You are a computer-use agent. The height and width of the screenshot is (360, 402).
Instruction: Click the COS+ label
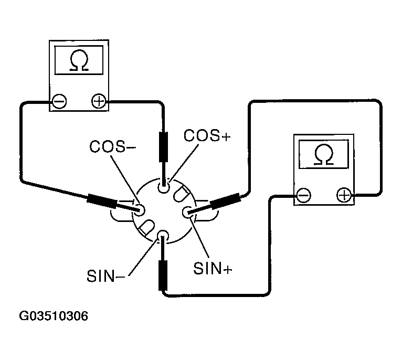click(x=207, y=135)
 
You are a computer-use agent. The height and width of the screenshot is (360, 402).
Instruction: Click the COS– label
click(x=112, y=146)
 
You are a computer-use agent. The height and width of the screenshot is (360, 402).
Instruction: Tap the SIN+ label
click(x=213, y=269)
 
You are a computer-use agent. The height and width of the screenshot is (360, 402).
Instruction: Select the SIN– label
click(x=106, y=276)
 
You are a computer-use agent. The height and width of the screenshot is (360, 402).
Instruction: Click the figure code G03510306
click(x=54, y=316)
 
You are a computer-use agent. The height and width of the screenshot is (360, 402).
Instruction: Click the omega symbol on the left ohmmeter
click(x=79, y=60)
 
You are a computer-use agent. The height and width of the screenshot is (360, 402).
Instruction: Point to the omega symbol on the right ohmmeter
click(x=324, y=154)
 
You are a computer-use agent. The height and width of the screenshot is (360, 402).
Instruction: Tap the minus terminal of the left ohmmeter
click(x=59, y=101)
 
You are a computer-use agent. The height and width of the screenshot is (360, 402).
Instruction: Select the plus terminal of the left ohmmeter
click(x=99, y=101)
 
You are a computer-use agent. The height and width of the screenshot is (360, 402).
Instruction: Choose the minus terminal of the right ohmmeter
click(x=303, y=195)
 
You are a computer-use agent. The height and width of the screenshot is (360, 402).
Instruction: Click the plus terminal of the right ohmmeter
click(x=344, y=195)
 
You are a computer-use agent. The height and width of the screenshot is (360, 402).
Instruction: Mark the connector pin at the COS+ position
click(x=164, y=187)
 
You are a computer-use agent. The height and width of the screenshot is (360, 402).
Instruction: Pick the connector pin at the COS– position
click(x=139, y=210)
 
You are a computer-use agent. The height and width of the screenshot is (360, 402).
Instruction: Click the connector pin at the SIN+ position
click(x=188, y=213)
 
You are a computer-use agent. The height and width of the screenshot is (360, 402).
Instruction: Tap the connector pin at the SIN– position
click(x=163, y=236)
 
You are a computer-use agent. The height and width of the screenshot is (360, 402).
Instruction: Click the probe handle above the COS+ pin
click(x=164, y=147)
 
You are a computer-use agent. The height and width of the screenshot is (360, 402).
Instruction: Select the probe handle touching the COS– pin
click(x=102, y=202)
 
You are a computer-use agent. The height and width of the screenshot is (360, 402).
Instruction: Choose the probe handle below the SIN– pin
click(x=163, y=276)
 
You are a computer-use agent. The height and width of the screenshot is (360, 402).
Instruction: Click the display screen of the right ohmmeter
click(x=324, y=154)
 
